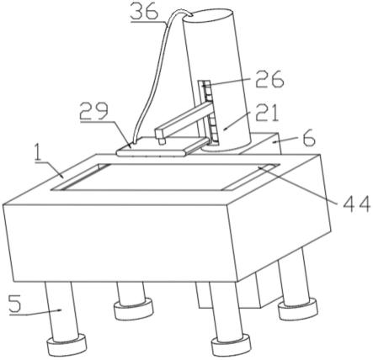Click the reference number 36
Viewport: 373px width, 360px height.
click(x=144, y=10)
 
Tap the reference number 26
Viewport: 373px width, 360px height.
click(x=269, y=79)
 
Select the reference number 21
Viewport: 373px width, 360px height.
click(x=267, y=113)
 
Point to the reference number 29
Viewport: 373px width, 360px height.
click(x=93, y=111)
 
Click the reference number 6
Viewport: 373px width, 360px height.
click(x=309, y=140)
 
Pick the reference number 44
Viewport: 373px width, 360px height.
click(x=356, y=205)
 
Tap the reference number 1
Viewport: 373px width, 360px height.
click(x=37, y=153)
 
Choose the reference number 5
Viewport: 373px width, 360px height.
click(x=15, y=304)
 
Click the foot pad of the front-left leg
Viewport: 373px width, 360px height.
click(x=67, y=344)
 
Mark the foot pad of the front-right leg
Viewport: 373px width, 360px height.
click(x=232, y=344)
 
